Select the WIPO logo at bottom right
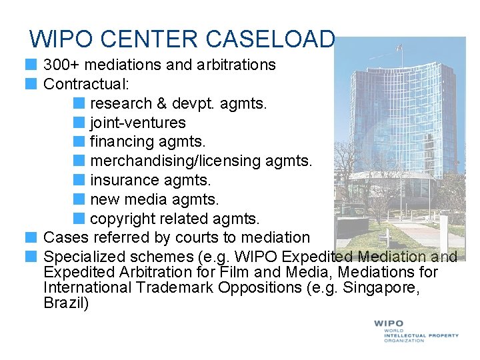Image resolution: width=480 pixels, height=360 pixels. pyautogui.click(x=415, y=331)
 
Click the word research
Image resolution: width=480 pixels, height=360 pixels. pyautogui.click(x=121, y=103)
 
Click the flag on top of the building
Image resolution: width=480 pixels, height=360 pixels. pyautogui.click(x=399, y=47)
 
